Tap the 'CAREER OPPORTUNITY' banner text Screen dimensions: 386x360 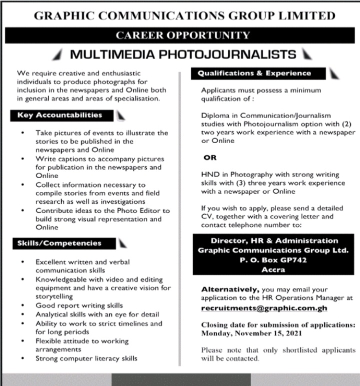[182, 35]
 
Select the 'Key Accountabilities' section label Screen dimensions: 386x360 [59, 115]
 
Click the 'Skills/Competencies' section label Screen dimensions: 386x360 [59, 243]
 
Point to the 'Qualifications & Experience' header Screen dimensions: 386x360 [254, 73]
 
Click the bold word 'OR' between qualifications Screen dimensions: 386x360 [210, 158]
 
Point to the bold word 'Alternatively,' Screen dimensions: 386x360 [230, 289]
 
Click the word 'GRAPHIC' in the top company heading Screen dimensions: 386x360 [62, 16]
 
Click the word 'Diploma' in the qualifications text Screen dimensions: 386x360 [214, 115]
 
